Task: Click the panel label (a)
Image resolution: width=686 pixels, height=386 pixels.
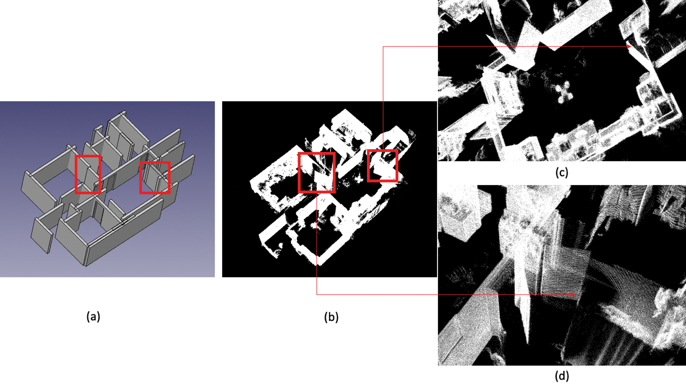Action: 93,316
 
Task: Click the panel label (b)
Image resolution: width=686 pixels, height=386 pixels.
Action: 331,317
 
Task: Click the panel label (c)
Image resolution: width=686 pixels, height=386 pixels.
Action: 562,172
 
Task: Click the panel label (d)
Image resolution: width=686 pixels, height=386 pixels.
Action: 562,376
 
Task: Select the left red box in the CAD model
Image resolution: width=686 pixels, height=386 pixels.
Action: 76,174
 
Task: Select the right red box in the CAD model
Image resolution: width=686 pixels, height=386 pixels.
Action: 141,177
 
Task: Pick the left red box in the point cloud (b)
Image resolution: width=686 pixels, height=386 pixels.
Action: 299,172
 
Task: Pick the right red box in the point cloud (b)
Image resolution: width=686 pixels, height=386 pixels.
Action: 368,166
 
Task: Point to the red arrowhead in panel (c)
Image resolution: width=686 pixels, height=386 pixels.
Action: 629,46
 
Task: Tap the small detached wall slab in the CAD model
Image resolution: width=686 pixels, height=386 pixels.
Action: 41,236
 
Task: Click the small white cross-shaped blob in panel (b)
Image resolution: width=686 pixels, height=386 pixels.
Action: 359,179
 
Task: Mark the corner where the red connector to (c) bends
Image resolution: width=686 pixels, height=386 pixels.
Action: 383,47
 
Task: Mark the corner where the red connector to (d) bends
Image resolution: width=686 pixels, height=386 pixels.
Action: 317,294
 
